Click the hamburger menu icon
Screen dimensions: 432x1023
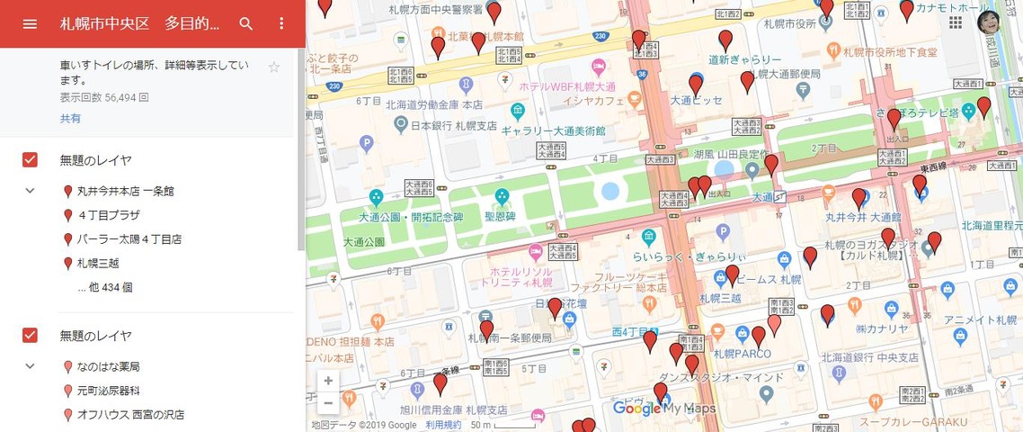(x=30, y=23)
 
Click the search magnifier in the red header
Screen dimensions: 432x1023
(x=245, y=23)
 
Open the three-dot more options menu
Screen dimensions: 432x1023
(x=281, y=23)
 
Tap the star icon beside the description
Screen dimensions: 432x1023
(x=274, y=67)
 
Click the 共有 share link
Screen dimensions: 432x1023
(x=70, y=119)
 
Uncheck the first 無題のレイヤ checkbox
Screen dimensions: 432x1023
(x=30, y=160)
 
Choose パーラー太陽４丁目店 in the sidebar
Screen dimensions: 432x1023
(x=129, y=239)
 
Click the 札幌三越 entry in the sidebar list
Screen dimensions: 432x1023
(x=98, y=264)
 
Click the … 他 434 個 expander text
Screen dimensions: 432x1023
(x=105, y=288)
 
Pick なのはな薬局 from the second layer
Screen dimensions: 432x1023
(x=108, y=367)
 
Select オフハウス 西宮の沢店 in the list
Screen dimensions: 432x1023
(x=130, y=415)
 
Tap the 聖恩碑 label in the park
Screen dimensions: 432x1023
(x=500, y=216)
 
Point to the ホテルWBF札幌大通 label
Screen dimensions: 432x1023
(x=566, y=86)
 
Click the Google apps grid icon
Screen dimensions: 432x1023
(x=955, y=22)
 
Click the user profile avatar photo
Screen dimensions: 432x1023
(x=990, y=22)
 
